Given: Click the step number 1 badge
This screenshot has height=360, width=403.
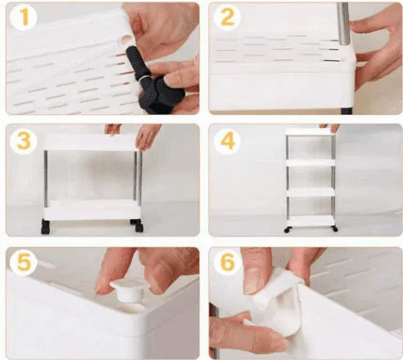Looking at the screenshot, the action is point(24,17).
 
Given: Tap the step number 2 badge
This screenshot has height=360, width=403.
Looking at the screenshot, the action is point(227,17).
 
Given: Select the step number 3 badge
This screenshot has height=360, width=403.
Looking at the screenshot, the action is point(24,141).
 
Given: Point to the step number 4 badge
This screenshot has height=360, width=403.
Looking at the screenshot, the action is point(227,141).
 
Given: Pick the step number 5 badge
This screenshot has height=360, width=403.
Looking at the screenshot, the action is point(24,263).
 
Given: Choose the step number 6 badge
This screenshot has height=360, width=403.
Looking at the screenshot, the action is point(227,263).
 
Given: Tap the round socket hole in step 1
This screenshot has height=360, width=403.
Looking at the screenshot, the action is point(125,40).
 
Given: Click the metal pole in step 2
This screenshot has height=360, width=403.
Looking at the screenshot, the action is point(343,24).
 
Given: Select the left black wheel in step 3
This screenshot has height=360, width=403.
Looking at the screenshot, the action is point(46,226).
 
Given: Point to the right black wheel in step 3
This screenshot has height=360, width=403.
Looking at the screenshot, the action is point(138,226).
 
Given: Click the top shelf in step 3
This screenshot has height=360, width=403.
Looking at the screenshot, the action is point(91,143).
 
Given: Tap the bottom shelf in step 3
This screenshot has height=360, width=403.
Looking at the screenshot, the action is point(92,210).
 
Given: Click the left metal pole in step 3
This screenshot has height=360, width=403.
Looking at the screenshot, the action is point(46,179).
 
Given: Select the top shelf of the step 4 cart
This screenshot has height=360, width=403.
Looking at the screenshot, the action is point(310,131).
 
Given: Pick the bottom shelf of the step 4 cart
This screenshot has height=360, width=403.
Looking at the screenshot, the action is point(311,221).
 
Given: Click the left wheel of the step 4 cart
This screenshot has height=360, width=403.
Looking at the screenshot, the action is point(288,230).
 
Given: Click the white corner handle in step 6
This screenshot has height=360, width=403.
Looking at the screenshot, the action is point(276,301).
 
